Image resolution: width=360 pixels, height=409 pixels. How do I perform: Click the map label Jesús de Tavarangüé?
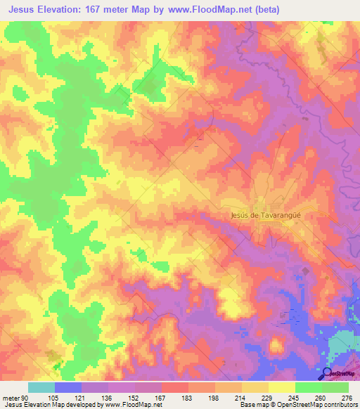click(x=266, y=216)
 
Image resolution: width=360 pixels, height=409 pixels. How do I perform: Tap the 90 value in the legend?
click(x=25, y=397)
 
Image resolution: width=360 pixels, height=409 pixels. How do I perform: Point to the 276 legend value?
click(x=347, y=397)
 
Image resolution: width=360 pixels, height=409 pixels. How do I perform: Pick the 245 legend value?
click(x=293, y=397)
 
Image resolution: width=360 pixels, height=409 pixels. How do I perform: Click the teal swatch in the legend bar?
click(x=41, y=387)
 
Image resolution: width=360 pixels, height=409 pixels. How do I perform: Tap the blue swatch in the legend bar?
click(x=68, y=387)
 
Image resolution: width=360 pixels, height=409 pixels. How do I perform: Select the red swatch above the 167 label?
click(x=175, y=387)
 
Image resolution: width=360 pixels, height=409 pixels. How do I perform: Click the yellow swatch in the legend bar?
click(x=282, y=387)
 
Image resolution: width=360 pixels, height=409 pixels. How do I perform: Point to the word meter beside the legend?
click(x=11, y=397)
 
